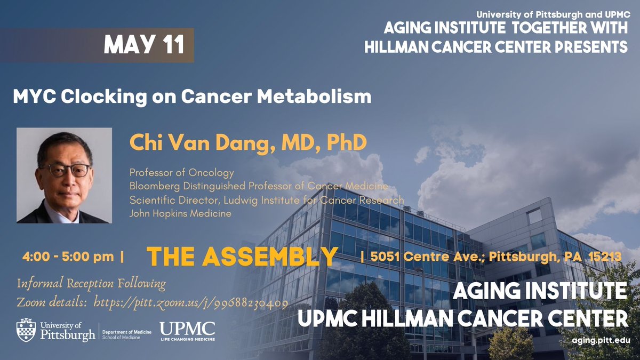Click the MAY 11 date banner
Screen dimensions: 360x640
(144, 46)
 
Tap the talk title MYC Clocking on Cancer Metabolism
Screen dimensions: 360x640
(192, 97)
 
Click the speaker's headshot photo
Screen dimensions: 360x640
(64, 175)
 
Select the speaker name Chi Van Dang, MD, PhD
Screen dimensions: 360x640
(248, 142)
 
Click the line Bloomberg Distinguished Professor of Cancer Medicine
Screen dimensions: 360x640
(259, 186)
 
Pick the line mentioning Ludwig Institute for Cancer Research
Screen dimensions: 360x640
(266, 200)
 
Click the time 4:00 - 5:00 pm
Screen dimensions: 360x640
(69, 257)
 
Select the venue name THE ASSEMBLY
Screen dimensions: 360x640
(242, 257)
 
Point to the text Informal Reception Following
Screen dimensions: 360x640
(91, 284)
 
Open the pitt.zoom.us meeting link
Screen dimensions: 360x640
(191, 302)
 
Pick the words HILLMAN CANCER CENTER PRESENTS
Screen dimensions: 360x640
(496, 47)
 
